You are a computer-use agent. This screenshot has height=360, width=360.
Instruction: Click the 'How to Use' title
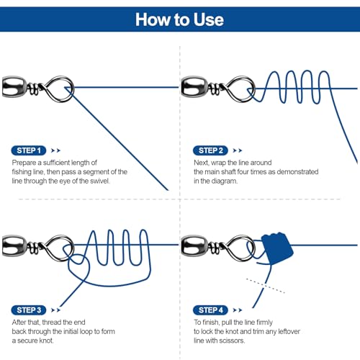(x=179, y=19)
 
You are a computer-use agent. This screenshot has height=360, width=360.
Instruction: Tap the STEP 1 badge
(x=29, y=150)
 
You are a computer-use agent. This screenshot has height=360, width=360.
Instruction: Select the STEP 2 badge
(x=210, y=150)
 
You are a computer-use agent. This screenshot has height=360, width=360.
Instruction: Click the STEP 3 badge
(x=29, y=310)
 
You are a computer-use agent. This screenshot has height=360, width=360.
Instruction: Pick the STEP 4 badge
(x=210, y=310)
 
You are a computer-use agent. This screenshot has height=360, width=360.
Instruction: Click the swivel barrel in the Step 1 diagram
(x=14, y=87)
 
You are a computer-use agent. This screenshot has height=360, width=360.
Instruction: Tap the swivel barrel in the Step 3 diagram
(x=14, y=246)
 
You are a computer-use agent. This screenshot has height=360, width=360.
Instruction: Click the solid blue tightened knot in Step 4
(x=277, y=248)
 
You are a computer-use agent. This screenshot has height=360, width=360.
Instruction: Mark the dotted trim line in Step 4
(x=266, y=286)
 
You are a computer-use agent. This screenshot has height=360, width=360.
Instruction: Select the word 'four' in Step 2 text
(x=243, y=172)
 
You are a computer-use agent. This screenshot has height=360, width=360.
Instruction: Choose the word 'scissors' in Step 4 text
(x=232, y=341)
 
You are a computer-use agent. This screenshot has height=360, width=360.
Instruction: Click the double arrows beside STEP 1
(x=55, y=150)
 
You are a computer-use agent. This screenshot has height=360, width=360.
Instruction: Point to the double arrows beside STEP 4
(x=238, y=310)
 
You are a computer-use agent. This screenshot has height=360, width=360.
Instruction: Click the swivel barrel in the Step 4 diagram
(x=194, y=246)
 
